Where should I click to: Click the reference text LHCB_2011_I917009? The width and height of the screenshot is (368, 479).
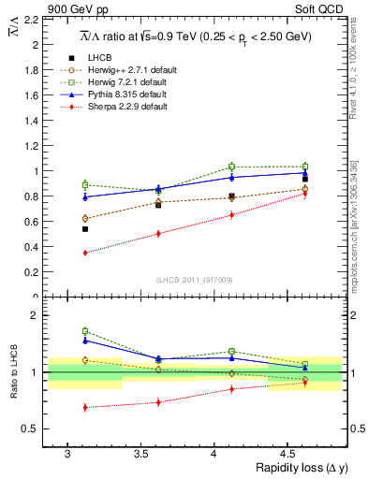[194, 281]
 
